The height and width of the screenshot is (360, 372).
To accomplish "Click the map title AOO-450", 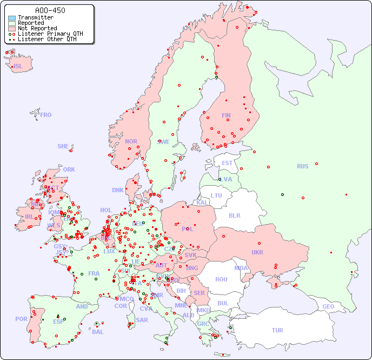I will (x=50, y=10).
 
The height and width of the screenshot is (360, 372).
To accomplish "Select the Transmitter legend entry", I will (x=35, y=17).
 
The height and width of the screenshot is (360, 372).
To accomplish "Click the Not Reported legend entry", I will (x=37, y=28).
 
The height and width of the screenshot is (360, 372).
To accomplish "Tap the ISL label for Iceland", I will (x=18, y=67).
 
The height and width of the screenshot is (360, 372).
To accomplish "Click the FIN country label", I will (x=226, y=115).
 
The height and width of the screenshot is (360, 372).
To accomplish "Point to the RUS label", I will (x=302, y=166).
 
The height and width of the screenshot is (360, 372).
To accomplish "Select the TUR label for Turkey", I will (x=277, y=330).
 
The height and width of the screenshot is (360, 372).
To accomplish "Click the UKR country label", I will (x=257, y=252).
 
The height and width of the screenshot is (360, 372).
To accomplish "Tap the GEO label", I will (x=328, y=306).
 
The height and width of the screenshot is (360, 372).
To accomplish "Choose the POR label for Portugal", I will (x=21, y=319).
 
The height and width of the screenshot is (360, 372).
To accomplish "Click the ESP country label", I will (x=58, y=321).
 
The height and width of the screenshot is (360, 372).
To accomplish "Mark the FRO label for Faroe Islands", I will (x=46, y=115).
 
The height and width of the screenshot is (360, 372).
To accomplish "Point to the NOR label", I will (x=131, y=141).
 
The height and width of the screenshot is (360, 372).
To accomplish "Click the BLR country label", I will (x=235, y=215).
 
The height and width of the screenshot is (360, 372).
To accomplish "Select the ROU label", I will (x=221, y=279).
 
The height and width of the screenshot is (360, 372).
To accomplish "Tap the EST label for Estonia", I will (x=227, y=163).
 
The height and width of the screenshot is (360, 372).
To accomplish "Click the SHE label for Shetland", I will (x=63, y=146).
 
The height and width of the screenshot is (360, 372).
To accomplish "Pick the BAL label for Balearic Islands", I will (x=97, y=332).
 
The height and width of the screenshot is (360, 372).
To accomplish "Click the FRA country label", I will (x=94, y=273).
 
